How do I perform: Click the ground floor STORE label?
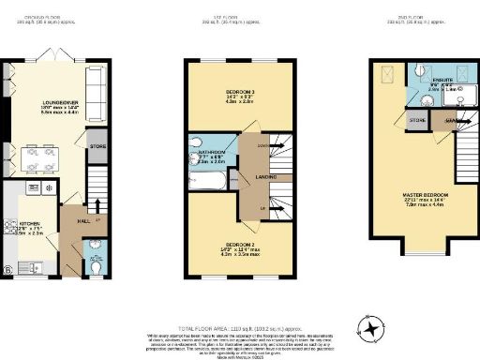[97, 146]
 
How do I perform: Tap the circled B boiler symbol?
[7, 271]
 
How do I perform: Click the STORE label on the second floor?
[418, 122]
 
